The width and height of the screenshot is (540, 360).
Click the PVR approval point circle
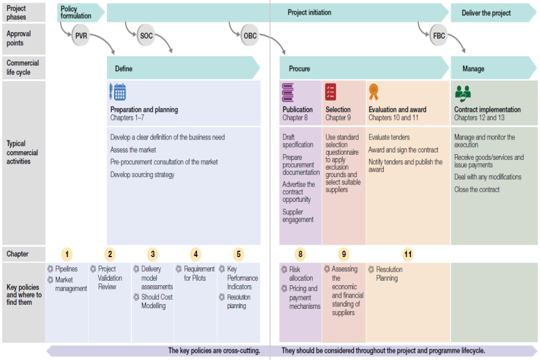pyautogui.click(x=81, y=36)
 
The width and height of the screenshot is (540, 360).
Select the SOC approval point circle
pyautogui.click(x=146, y=36)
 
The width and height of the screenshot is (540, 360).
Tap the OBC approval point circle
pyautogui.click(x=250, y=36)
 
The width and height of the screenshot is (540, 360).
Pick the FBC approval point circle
pyautogui.click(x=439, y=36)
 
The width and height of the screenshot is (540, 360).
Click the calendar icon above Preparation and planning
pyautogui.click(x=118, y=92)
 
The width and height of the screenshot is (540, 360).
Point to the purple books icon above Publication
pyautogui.click(x=288, y=92)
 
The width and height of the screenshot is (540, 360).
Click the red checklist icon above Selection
pyautogui.click(x=331, y=92)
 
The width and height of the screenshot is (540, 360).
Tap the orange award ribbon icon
pyautogui.click(x=374, y=91)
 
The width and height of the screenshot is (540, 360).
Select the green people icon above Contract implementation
pyautogui.click(x=463, y=92)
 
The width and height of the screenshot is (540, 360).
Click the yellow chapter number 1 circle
pyautogui.click(x=67, y=254)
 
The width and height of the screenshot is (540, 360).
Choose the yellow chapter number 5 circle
pyautogui.click(x=238, y=254)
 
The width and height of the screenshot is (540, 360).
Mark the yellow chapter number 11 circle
pyautogui.click(x=408, y=254)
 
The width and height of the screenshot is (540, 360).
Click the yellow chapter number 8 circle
pyautogui.click(x=300, y=254)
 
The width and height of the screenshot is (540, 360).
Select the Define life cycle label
pyautogui.click(x=124, y=69)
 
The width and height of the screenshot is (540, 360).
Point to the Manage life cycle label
pyautogui.click(x=473, y=69)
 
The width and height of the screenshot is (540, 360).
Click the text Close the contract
pyautogui.click(x=477, y=190)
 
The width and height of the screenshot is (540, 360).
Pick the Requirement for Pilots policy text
pyautogui.click(x=199, y=273)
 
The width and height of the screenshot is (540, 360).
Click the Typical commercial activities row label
pyautogui.click(x=22, y=152)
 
